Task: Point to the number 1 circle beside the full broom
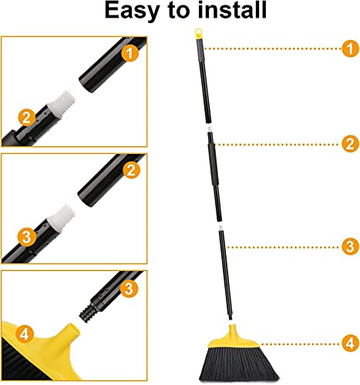(350, 49)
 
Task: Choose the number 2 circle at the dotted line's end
(350, 144)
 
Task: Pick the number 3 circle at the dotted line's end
(350, 246)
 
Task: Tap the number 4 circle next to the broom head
(350, 343)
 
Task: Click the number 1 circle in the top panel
(130, 53)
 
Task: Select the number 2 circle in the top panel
(26, 118)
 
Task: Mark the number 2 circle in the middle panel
(131, 170)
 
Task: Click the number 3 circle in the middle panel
(26, 236)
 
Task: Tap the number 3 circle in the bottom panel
(129, 289)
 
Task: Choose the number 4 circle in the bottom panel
(25, 334)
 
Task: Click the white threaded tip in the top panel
(61, 103)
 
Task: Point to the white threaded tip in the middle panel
(61, 218)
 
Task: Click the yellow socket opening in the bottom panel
(73, 330)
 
